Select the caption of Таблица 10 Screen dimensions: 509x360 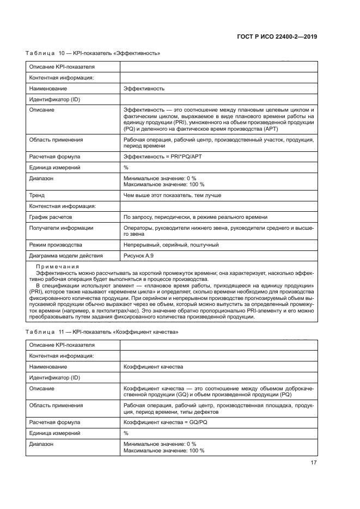(93, 53)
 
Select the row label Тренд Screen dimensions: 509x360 (36, 195)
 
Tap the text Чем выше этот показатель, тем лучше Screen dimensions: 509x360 (172, 195)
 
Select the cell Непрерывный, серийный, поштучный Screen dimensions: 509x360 (171, 244)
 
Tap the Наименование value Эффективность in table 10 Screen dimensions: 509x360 (144, 88)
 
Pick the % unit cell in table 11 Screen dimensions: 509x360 (126, 433)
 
